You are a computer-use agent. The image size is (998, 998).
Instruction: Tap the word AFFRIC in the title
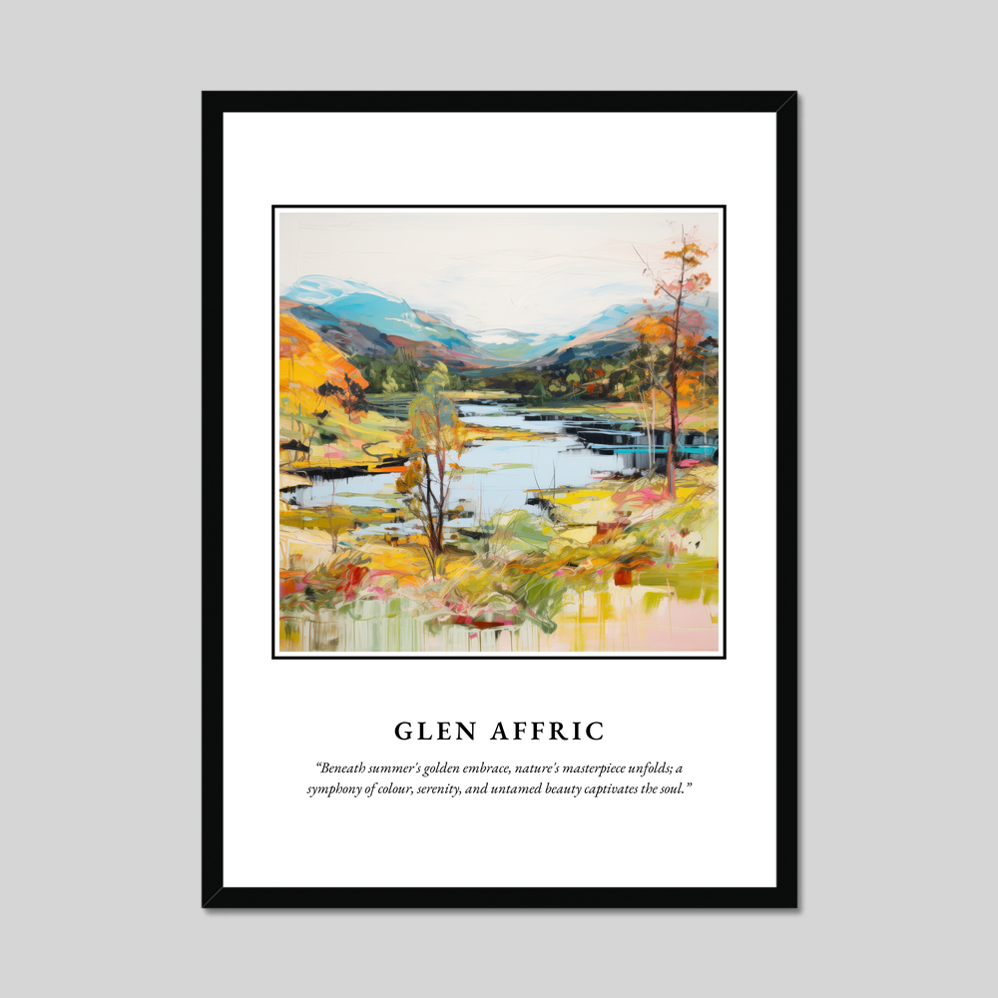pos(547,732)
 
